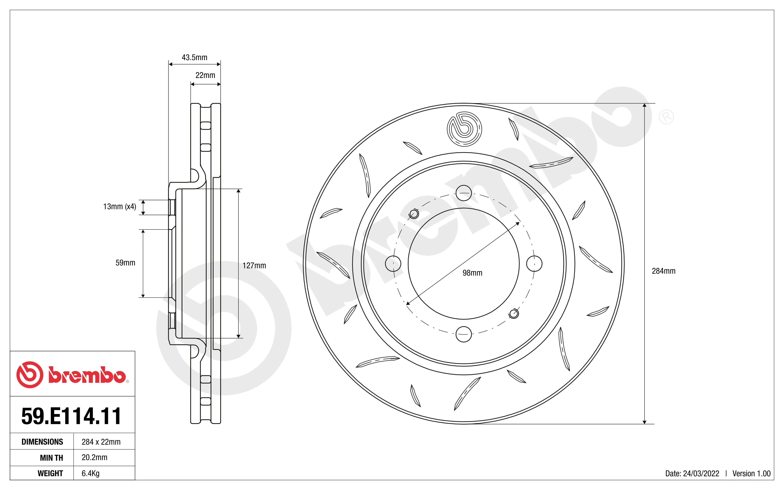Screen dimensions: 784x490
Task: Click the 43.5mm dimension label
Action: click(195, 57)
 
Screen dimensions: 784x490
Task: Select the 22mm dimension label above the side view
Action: click(205, 75)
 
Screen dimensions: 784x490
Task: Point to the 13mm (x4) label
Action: click(120, 206)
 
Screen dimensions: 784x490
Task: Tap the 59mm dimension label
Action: click(125, 263)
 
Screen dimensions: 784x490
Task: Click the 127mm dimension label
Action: click(254, 265)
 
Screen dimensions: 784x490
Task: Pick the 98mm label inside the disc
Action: click(472, 273)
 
